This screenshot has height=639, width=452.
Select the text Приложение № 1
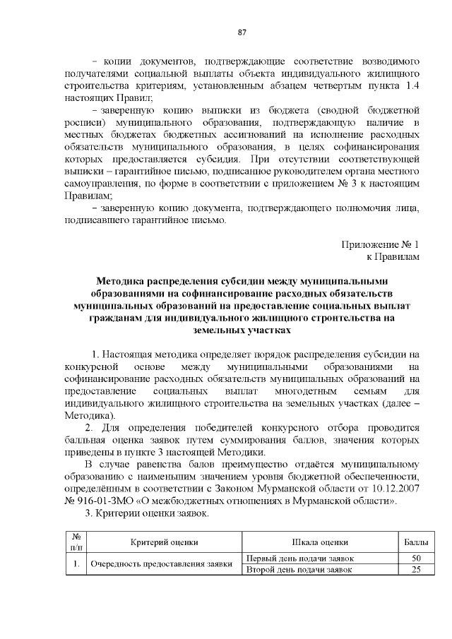381,244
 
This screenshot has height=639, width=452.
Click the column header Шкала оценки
320,542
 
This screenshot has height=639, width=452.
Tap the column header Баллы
415,542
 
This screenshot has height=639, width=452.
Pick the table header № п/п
75,542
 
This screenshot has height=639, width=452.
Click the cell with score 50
415,559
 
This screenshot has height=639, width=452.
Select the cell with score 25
415,570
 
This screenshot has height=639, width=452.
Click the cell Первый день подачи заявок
299,559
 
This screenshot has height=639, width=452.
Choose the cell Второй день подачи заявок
299,570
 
